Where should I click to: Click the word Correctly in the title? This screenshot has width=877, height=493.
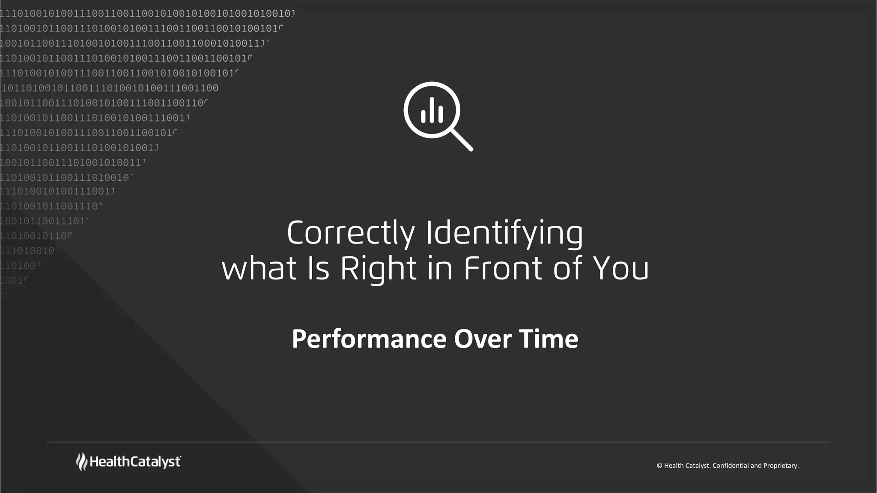351,233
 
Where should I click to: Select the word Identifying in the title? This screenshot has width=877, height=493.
504,233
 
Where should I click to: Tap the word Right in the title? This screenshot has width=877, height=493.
379,269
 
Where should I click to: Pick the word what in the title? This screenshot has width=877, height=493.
259,269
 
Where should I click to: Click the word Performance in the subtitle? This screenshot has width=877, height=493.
369,339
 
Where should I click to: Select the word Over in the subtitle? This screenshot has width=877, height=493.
483,339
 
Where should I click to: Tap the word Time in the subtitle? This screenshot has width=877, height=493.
549,339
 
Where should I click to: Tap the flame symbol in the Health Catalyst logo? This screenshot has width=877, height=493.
81,462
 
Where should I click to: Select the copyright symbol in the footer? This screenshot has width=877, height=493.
659,466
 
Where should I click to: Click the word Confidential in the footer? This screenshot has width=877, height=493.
731,466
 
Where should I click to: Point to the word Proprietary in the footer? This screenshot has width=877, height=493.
781,466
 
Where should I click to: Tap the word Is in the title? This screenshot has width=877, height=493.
319,269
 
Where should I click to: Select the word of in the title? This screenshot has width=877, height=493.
568,269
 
